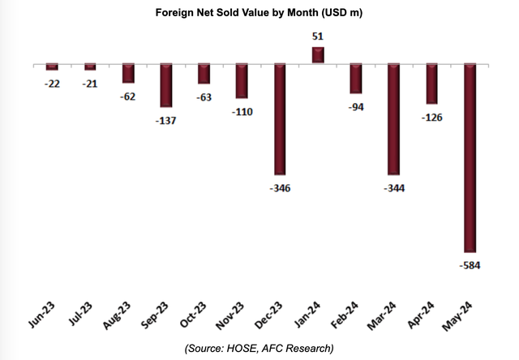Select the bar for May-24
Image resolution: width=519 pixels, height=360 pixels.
tap(470, 158)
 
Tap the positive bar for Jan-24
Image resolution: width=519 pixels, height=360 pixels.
tap(318, 55)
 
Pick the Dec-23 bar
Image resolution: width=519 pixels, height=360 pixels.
tap(281, 119)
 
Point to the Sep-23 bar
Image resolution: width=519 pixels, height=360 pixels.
tap(166, 85)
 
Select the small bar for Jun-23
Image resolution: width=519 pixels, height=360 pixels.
tap(53, 66)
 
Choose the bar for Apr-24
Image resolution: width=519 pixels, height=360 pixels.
tap(432, 84)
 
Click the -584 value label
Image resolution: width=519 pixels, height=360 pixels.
tap(470, 265)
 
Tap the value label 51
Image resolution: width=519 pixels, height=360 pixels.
tap(318, 35)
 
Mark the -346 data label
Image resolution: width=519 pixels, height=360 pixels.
tap(281, 188)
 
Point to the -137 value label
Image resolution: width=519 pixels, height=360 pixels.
tap(166, 121)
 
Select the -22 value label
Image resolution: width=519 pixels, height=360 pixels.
tap(53, 84)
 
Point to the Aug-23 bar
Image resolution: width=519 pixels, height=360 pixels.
tap(128, 73)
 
